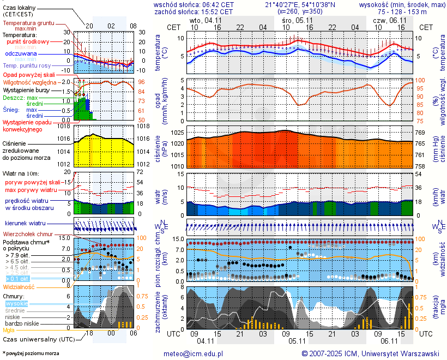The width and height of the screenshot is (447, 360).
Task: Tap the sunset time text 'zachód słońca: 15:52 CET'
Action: (x=194, y=11)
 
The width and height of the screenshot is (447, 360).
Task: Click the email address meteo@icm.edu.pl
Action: (x=194, y=353)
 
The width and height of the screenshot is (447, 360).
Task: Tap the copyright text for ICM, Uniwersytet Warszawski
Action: (x=371, y=353)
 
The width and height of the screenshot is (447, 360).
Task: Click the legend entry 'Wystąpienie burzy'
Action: (x=26, y=89)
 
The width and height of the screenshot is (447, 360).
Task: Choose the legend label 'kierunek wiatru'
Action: (x=25, y=224)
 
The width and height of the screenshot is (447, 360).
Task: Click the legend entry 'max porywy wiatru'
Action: (x=31, y=190)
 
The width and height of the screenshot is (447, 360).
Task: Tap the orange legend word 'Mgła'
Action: (x=9, y=330)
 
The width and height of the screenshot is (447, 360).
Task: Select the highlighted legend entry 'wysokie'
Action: (x=16, y=303)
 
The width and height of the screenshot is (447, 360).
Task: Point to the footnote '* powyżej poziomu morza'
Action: (x=31, y=353)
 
